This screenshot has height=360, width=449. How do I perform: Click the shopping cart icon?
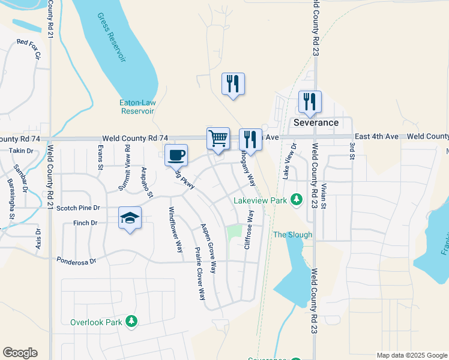tap(218, 139)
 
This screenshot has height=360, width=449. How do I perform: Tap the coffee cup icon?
tap(176, 155)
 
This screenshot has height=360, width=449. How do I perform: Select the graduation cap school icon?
tap(130, 218)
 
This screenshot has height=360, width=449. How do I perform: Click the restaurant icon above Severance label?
tap(310, 102)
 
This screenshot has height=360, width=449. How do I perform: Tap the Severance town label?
tap(316, 122)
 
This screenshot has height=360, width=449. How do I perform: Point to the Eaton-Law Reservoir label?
tap(137, 107)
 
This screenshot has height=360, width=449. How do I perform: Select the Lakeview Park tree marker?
tap(296, 199)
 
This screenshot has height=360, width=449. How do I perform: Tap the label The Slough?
tap(293, 235)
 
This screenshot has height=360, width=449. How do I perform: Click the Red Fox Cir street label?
tap(29, 49)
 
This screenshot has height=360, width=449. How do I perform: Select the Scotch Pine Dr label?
tap(77, 208)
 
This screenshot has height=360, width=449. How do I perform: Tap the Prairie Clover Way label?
tap(199, 273)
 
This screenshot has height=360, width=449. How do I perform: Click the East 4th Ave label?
tap(376, 137)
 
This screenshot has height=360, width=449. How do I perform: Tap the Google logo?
tap(20, 353)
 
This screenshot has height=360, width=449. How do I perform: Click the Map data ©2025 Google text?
tap(411, 355)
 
